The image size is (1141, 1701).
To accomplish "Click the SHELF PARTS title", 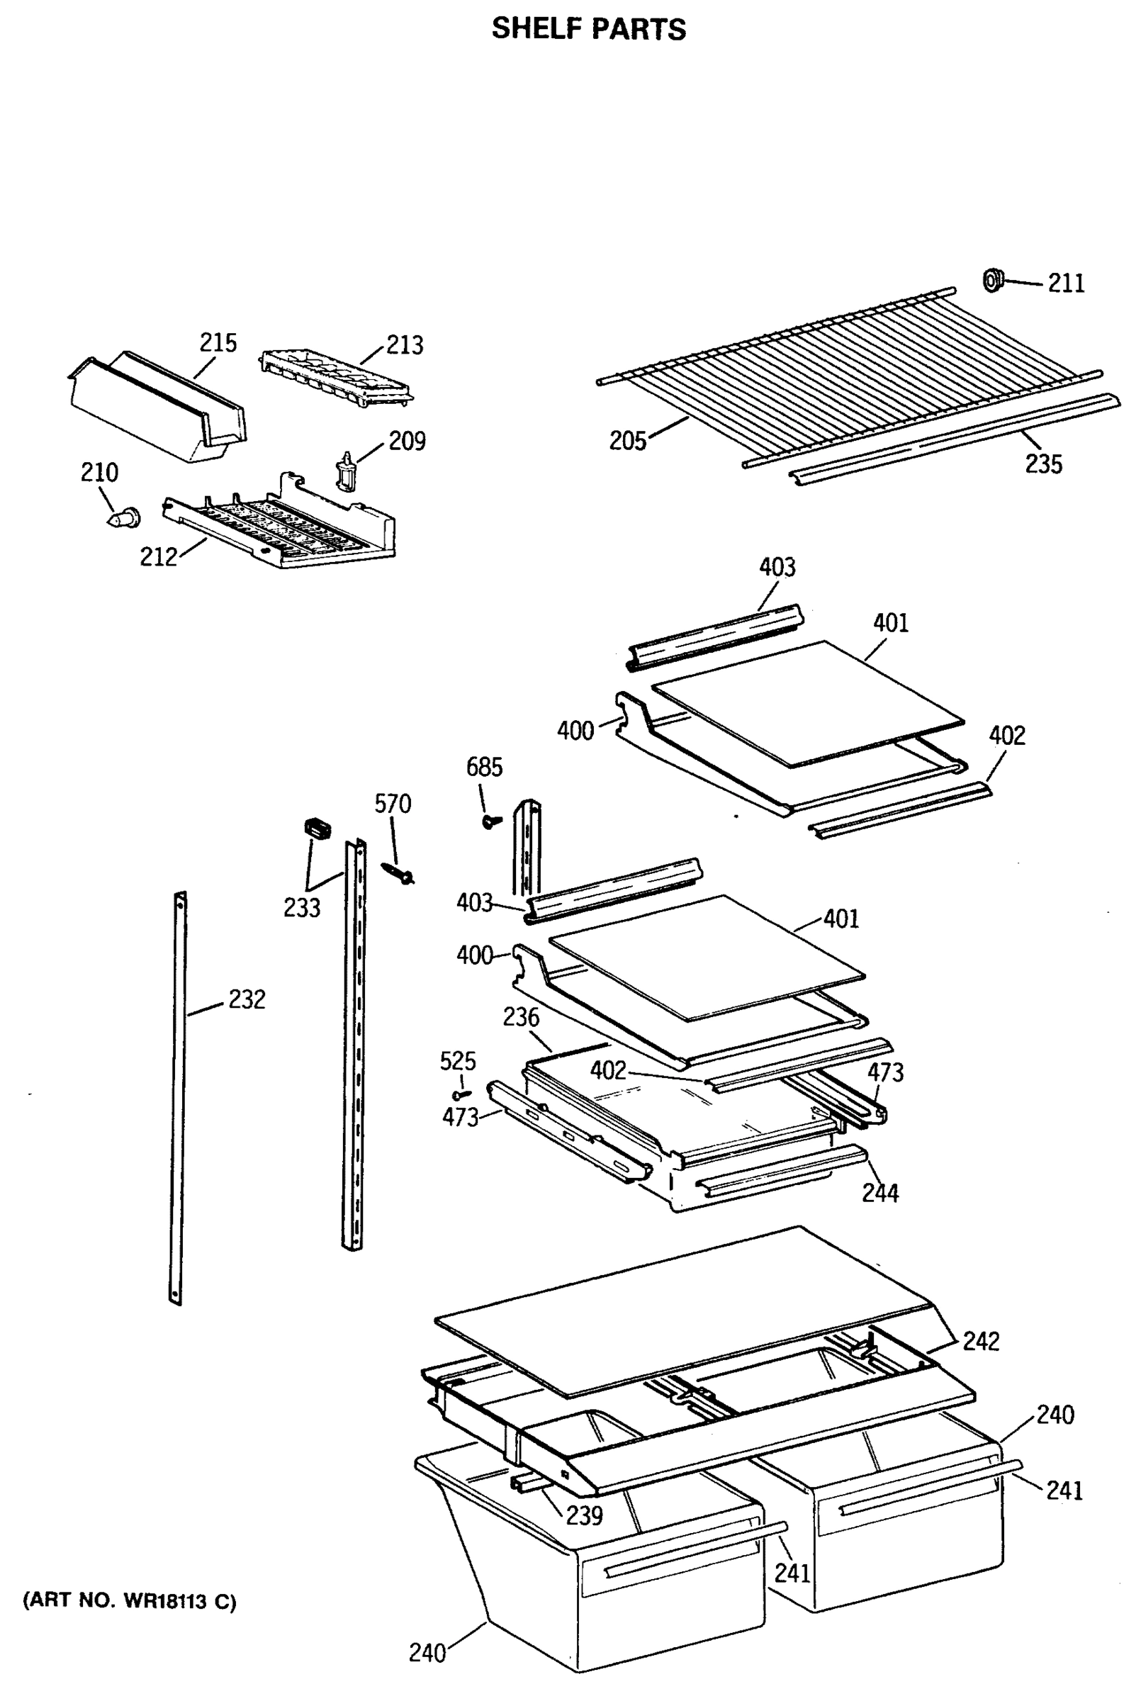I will [588, 29].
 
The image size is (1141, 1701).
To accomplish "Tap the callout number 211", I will [1065, 283].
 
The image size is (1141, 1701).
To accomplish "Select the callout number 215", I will [218, 342].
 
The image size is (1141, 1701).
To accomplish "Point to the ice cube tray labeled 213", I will [335, 376].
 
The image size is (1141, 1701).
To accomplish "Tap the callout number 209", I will [407, 441].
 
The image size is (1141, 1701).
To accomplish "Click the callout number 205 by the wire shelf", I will [627, 441].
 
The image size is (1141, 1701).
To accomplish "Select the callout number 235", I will [1043, 464].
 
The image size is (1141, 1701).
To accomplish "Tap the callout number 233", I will [302, 908].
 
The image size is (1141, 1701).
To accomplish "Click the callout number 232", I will [247, 999].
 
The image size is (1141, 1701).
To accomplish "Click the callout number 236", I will [521, 1017].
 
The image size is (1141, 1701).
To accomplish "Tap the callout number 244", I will [879, 1193].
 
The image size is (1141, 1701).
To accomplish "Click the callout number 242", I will [981, 1341].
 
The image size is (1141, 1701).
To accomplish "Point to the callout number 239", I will [585, 1516].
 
